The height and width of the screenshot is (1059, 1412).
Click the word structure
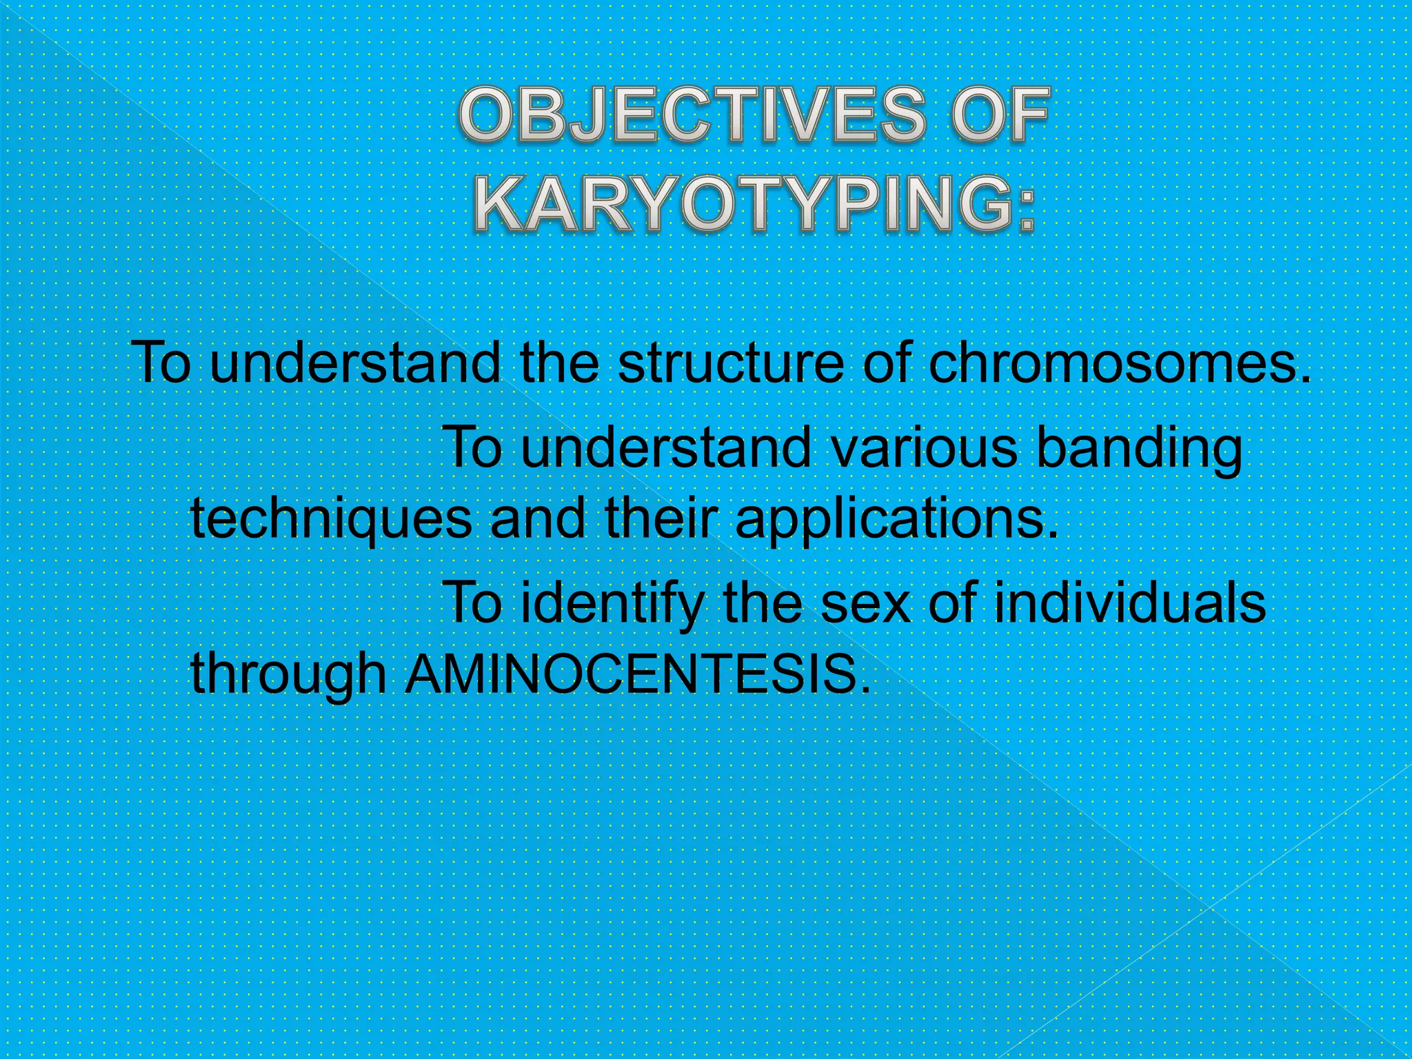point(730,363)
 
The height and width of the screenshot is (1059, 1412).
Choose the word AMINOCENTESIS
point(635,674)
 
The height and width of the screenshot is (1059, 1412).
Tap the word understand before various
point(665,448)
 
